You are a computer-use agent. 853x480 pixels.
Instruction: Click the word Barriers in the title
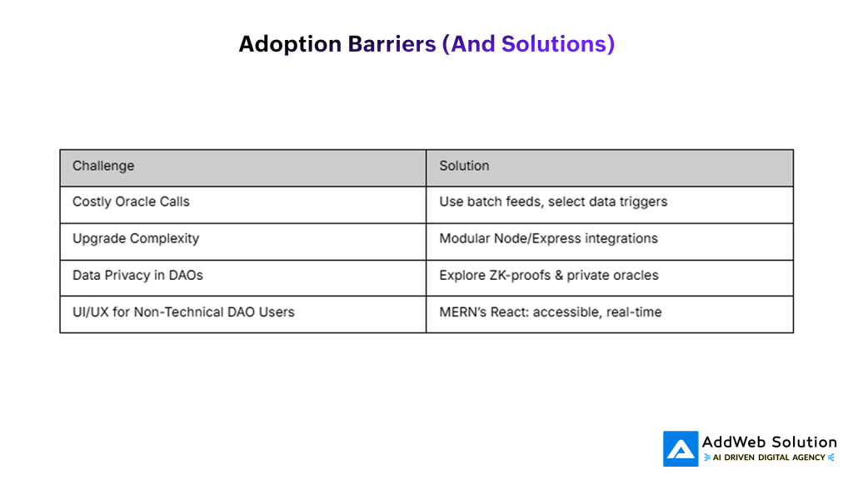click(x=392, y=44)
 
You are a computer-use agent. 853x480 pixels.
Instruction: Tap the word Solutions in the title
click(x=554, y=44)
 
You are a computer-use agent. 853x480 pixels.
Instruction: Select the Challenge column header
click(x=242, y=168)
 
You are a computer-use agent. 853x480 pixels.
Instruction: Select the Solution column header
click(x=610, y=168)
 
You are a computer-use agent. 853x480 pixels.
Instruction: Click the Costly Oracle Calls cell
click(x=242, y=205)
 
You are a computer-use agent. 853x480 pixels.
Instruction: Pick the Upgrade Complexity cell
click(x=242, y=242)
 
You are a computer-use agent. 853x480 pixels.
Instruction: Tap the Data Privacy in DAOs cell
click(x=242, y=278)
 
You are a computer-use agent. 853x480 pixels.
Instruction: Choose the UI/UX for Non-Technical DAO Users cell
click(x=242, y=314)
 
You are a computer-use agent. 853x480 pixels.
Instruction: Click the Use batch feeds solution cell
click(x=610, y=205)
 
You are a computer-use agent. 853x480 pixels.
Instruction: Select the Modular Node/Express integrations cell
click(x=610, y=242)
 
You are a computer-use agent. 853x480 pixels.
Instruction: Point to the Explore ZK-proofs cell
click(x=610, y=278)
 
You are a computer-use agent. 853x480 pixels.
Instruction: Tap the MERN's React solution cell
click(x=610, y=314)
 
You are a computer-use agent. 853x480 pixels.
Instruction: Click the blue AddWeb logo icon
click(x=681, y=449)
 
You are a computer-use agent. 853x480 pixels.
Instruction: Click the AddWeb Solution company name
click(x=769, y=442)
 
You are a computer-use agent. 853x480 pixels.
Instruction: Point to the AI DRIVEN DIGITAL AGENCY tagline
click(x=769, y=457)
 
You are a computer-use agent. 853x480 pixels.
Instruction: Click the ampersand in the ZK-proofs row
click(x=559, y=275)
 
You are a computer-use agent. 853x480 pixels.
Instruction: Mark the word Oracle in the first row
click(x=120, y=202)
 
